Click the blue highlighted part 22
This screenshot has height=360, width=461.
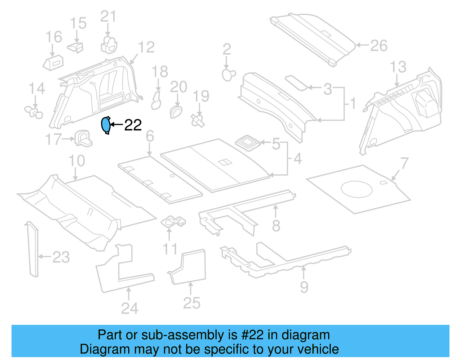[x=106, y=125]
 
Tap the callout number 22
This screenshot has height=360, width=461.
[x=133, y=125]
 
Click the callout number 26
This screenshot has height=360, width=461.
[x=379, y=46]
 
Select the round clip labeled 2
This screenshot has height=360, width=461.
[x=228, y=75]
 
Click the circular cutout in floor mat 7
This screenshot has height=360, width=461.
[x=356, y=189]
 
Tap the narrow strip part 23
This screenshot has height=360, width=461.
[x=33, y=250]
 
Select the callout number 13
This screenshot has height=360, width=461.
[x=398, y=67]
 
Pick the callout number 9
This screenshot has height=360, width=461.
[x=304, y=287]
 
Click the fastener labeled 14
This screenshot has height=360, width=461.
[x=34, y=112]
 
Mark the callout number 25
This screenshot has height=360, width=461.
[x=192, y=303]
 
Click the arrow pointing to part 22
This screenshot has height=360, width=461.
[x=116, y=125]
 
